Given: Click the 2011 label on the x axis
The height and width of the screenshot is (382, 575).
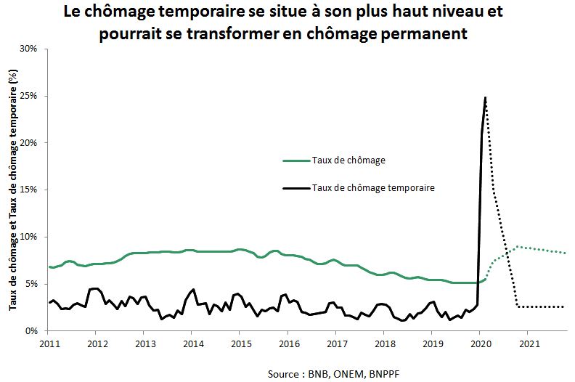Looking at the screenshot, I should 49,342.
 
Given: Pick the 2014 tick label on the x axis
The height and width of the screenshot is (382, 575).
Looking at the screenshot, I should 192,342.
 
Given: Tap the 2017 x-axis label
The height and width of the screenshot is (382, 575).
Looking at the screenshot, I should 336,342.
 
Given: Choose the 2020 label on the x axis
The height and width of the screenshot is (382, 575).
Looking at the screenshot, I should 480,342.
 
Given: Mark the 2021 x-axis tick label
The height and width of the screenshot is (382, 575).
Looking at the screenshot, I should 528,342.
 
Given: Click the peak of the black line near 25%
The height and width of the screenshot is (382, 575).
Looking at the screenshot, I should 485,97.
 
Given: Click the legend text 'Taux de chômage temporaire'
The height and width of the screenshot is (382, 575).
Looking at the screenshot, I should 372,187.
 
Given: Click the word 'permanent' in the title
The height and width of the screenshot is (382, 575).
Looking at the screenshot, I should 427,33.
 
